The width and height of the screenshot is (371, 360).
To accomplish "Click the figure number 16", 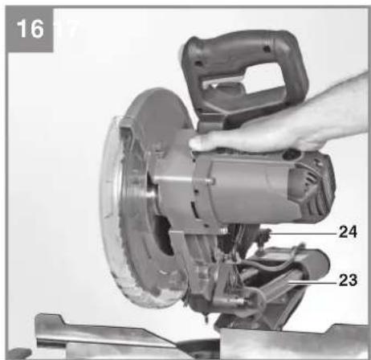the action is point(30,29).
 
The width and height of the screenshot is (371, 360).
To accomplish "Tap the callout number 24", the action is point(348,231).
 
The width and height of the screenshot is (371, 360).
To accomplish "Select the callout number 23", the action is point(348,280).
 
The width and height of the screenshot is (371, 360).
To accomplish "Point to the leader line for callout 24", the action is point(303,234).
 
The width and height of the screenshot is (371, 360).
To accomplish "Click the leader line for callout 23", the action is point(312,282).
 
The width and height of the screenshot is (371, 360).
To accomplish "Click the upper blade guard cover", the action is point(158,112).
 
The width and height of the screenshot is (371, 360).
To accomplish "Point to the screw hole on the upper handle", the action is point(266,49).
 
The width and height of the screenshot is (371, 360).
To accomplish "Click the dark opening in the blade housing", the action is point(164,235).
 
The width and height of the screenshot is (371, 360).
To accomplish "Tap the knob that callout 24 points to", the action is point(264,235).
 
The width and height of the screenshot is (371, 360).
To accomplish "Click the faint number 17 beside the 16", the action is point(67,29).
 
